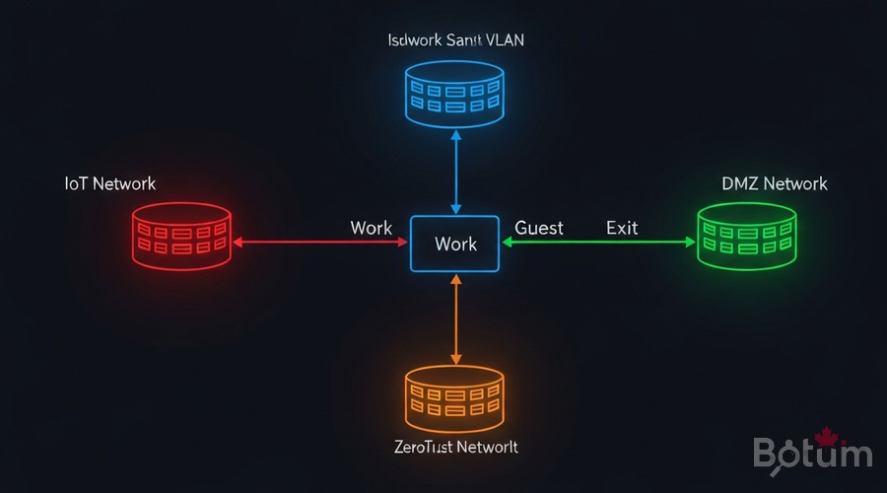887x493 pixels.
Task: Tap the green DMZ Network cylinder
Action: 746,236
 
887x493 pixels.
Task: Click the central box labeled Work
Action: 455,244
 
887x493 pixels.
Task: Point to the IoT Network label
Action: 110,183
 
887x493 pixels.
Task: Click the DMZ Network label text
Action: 774,183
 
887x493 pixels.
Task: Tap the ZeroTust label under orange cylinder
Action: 454,447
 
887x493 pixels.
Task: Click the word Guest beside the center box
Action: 539,228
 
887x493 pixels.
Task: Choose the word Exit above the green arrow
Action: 622,228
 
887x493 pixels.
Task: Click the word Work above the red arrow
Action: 371,228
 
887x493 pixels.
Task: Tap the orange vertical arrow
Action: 455,318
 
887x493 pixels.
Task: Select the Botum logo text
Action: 812,454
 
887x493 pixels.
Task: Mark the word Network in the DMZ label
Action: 795,183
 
